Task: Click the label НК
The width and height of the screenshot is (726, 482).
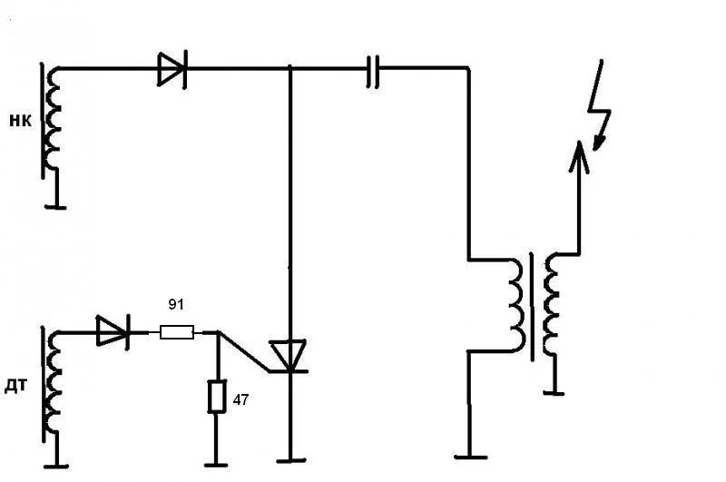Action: pos(20,120)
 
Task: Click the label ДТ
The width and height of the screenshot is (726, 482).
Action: pos(16,387)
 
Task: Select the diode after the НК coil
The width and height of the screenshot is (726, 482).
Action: pos(171,69)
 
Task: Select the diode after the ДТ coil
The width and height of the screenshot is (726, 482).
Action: pos(112,332)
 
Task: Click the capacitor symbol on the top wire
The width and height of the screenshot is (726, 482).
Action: pos(372,70)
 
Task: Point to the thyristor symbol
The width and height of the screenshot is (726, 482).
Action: pos(289,355)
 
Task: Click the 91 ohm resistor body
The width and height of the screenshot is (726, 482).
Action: pos(177,333)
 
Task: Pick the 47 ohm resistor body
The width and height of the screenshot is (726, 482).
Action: pos(216,397)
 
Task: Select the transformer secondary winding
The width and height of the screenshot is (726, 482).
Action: pos(552,304)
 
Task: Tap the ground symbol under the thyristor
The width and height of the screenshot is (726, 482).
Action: pos(290,461)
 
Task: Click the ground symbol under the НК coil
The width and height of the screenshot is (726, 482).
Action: pos(56,206)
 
